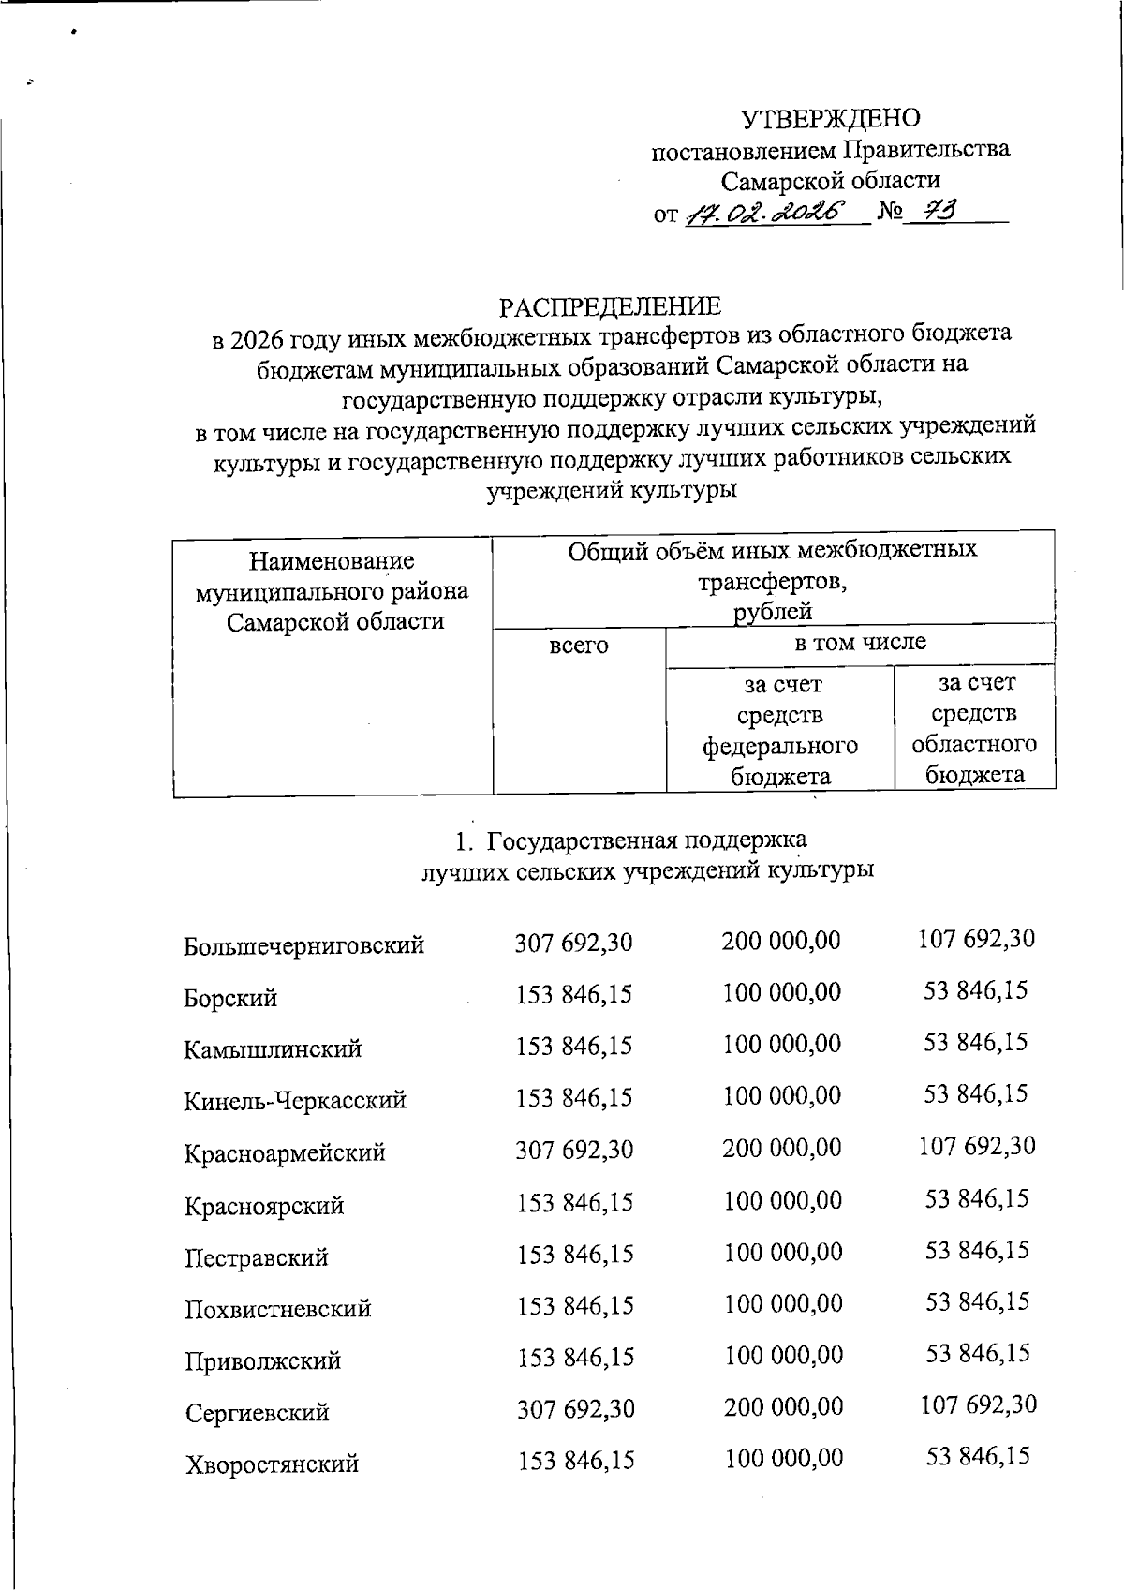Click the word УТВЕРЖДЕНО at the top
tap(830, 119)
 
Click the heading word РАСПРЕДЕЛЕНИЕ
tap(610, 306)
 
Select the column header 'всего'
tap(578, 646)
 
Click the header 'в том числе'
tap(860, 642)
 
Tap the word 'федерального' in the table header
tap(780, 746)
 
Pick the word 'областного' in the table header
tap(974, 744)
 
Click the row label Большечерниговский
tap(303, 945)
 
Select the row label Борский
tap(230, 998)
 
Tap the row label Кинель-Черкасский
tap(295, 1100)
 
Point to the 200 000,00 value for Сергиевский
tap(783, 1406)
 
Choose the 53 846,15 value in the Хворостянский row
tap(978, 1456)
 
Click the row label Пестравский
tap(256, 1257)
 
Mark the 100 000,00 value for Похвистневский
tap(783, 1303)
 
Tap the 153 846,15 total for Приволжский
tap(575, 1357)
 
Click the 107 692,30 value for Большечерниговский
tap(976, 939)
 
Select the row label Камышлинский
tap(273, 1049)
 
